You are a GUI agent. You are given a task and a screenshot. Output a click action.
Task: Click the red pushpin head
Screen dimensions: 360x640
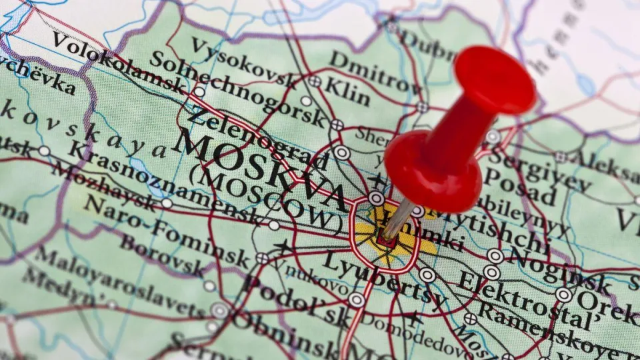(495, 81)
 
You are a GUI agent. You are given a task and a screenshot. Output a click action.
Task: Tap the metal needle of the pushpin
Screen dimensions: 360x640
(397, 219)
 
